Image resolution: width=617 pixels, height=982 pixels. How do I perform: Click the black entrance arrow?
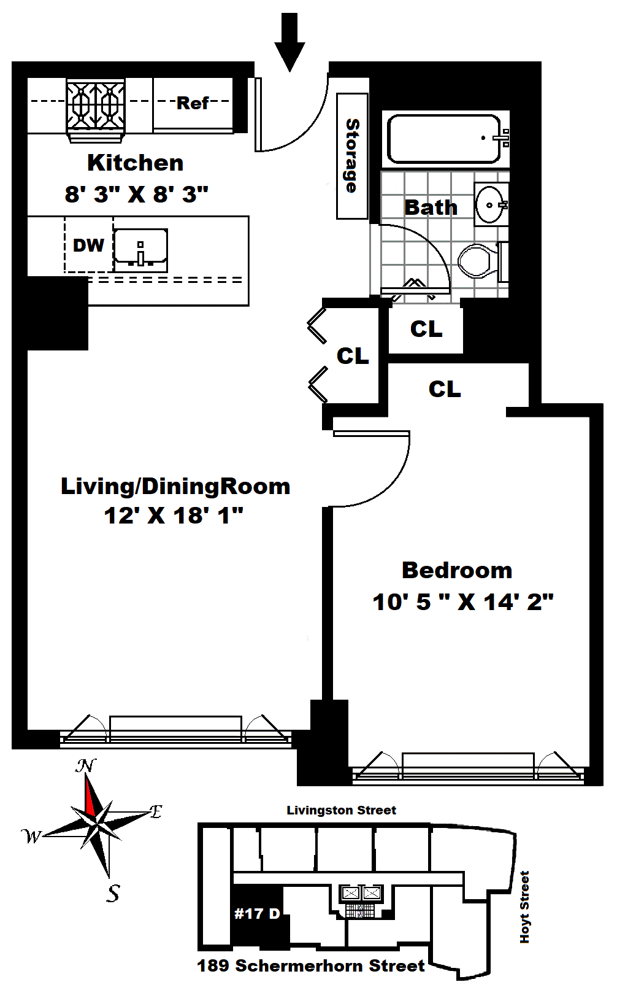tap(289, 42)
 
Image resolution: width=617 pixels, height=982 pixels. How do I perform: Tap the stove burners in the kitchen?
tap(96, 104)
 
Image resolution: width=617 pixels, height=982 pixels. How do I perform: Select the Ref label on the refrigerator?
tap(193, 103)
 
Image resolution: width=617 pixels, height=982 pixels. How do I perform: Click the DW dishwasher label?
tap(88, 245)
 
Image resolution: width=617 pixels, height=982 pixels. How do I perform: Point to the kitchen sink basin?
tap(140, 250)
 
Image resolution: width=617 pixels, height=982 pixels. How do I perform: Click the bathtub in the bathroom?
tap(443, 139)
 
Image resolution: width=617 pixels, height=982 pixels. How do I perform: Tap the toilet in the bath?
tap(482, 261)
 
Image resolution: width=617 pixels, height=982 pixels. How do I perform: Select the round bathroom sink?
tap(491, 204)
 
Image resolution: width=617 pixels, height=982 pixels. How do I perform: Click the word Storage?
tap(352, 155)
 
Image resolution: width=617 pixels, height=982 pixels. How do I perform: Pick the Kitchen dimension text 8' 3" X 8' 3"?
tap(136, 194)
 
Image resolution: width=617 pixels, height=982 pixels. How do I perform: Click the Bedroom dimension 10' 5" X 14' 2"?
tap(462, 601)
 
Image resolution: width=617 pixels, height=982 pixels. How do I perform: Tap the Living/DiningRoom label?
tap(175, 486)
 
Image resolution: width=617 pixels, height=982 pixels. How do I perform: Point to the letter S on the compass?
tap(113, 893)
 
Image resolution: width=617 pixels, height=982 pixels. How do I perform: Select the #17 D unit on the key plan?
tap(257, 914)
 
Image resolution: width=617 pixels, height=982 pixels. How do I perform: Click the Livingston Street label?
tap(342, 810)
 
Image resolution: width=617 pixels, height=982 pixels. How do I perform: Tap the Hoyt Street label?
tap(524, 907)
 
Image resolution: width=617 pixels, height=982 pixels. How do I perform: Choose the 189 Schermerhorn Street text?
tap(311, 966)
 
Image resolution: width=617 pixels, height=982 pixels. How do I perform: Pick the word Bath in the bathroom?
tap(431, 207)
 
